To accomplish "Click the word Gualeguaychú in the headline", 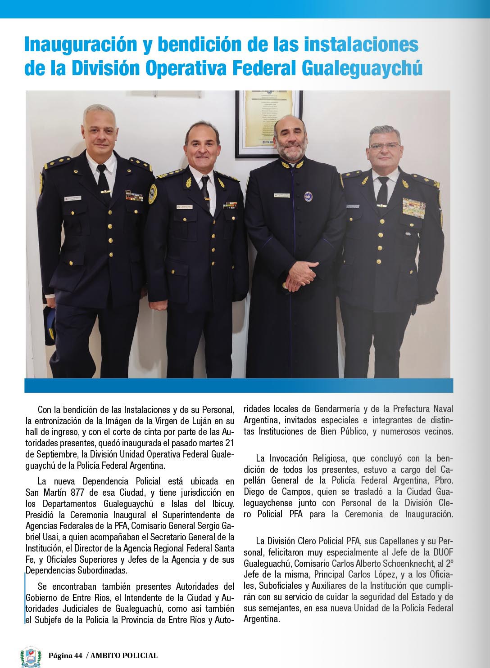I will point(362,68).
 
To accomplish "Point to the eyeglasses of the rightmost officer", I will point(384,146).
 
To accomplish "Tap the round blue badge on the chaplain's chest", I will point(308,196).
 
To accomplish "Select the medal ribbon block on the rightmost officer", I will point(413,208).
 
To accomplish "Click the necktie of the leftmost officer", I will point(103,180).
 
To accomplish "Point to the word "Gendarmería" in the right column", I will point(337,409).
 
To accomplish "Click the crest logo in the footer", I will point(31,657).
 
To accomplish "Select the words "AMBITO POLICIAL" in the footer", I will point(124,655).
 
